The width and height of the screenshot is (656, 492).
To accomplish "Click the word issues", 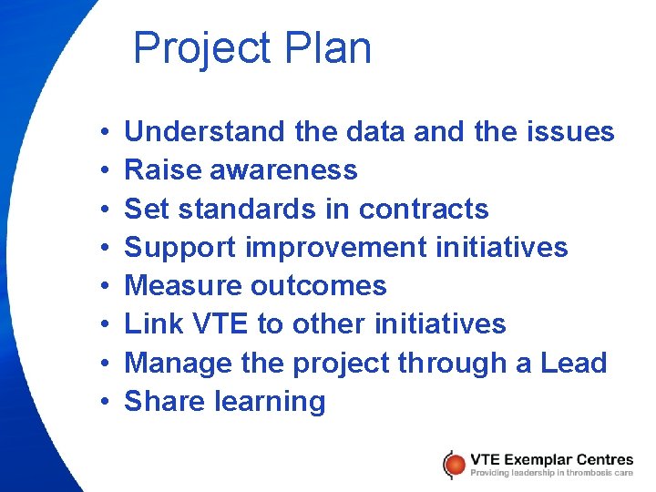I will tap(571, 132).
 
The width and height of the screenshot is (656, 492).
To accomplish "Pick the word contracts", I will tap(424, 209).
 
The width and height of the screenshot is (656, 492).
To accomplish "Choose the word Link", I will tap(146, 324).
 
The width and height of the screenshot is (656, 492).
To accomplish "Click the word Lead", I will tap(573, 363).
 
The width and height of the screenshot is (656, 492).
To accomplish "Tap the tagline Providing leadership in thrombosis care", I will tap(551, 472).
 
